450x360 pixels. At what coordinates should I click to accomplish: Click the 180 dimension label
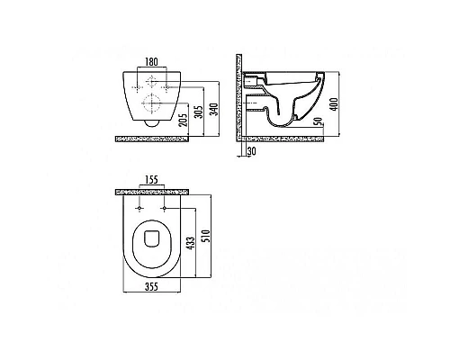tap(151, 62)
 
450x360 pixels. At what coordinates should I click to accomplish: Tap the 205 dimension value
tap(184, 120)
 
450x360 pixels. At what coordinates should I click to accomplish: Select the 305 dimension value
tap(200, 111)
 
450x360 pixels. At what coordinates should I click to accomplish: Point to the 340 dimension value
tap(215, 110)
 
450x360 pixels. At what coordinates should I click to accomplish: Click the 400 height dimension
tap(334, 104)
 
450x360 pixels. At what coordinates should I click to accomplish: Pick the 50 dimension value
tap(319, 121)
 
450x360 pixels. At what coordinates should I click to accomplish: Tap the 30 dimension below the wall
tap(252, 151)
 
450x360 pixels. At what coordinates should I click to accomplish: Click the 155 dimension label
tap(151, 180)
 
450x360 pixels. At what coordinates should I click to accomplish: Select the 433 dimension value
tap(191, 243)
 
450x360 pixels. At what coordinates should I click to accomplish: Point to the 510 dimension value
tap(207, 236)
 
